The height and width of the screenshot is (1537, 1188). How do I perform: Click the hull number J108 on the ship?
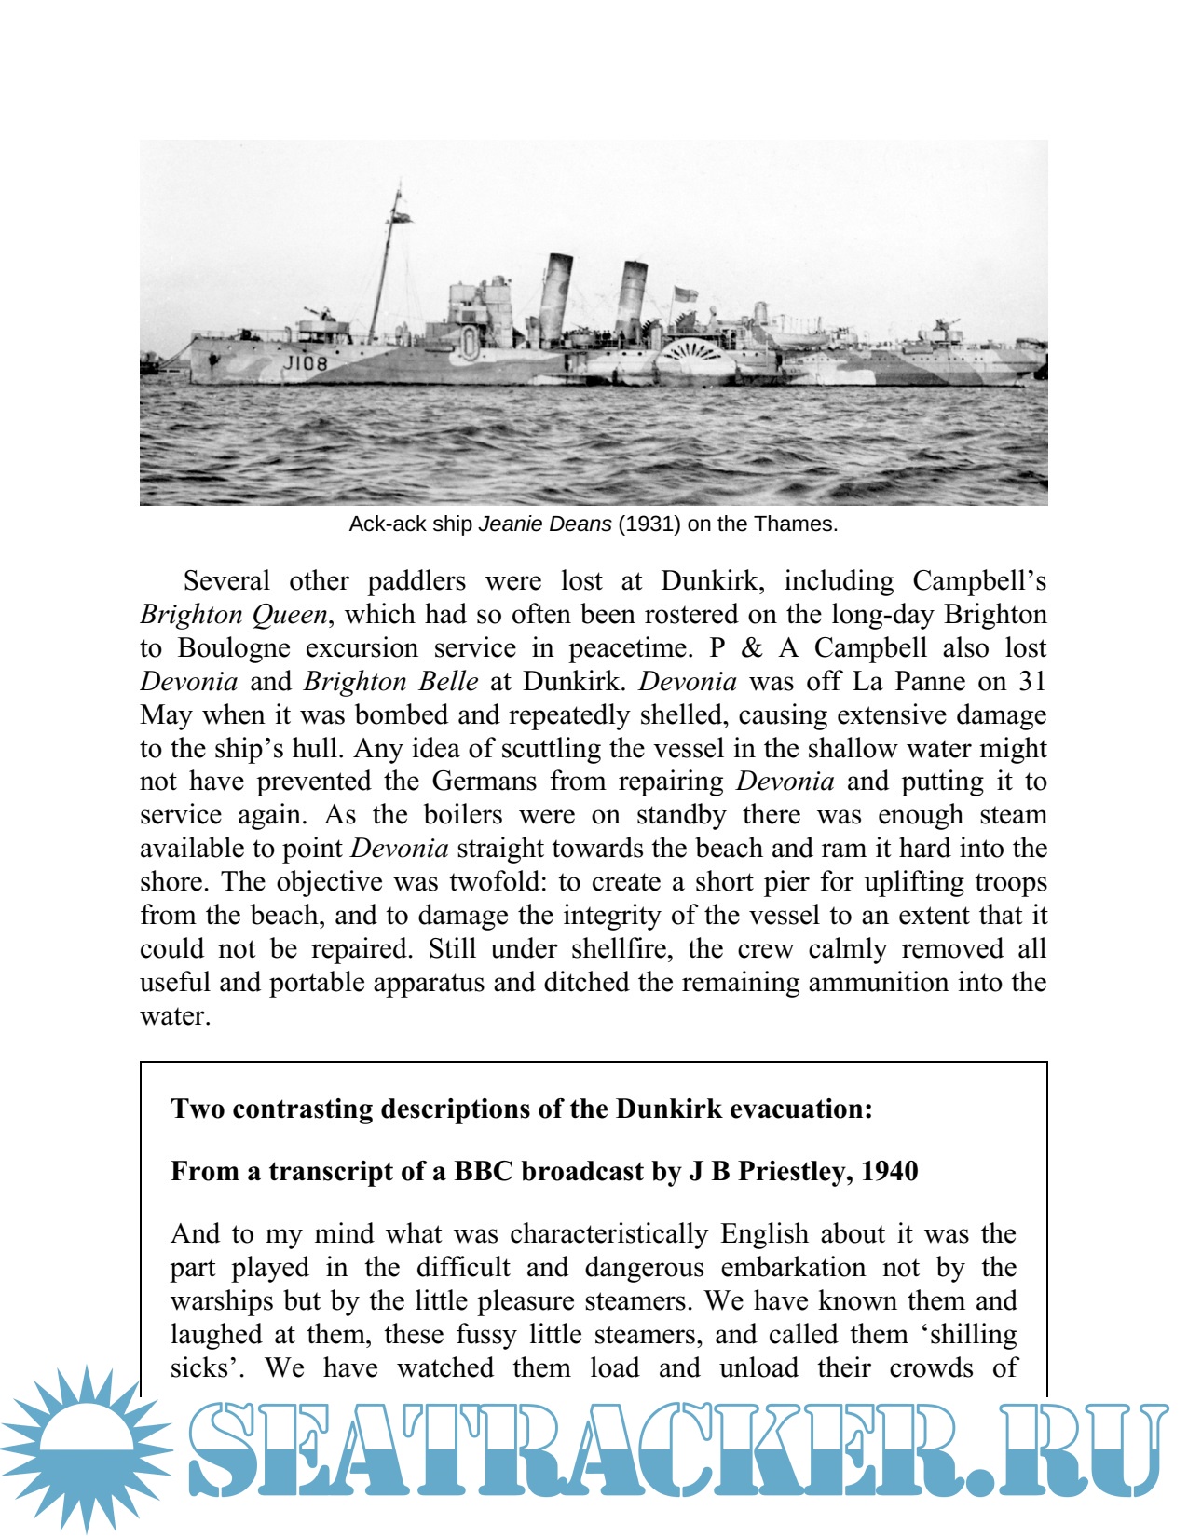click(x=306, y=362)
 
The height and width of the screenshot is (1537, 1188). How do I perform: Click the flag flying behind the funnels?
click(x=685, y=294)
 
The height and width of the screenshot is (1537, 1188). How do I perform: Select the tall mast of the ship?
click(x=387, y=261)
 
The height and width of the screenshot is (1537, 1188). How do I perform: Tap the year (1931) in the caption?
click(x=649, y=524)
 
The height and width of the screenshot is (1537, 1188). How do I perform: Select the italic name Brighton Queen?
click(x=234, y=615)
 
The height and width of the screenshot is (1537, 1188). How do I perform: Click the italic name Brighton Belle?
click(x=390, y=682)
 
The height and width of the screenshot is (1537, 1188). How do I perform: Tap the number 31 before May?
click(x=1031, y=682)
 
